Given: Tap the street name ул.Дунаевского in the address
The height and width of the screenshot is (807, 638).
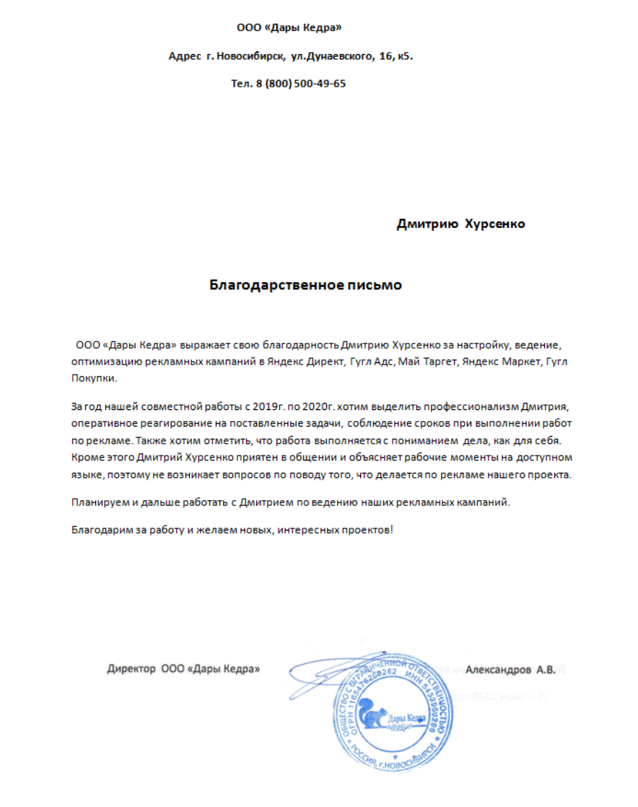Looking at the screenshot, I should point(331,56).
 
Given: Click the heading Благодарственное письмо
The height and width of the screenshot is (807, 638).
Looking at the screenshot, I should point(305,285).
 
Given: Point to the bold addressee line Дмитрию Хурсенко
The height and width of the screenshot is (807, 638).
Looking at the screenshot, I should point(460,224).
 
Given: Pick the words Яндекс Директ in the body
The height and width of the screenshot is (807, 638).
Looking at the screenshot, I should point(307,361).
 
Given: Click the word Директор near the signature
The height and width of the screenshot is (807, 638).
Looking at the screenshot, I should point(131,669).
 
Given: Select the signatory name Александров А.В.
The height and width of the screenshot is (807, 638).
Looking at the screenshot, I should point(510,670).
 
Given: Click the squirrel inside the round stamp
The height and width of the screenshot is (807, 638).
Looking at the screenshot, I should point(375,715).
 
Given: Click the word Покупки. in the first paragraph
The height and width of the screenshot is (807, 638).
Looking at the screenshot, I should point(93,379).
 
